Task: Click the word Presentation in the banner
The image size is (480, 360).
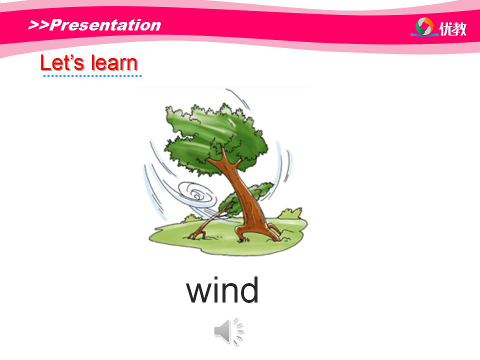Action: pyautogui.click(x=105, y=25)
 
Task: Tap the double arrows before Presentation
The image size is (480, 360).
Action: pyautogui.click(x=38, y=25)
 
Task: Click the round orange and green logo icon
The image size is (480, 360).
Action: pyautogui.click(x=424, y=27)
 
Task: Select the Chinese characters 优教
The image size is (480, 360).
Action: pyautogui.click(x=453, y=29)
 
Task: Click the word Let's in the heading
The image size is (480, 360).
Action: pyautogui.click(x=62, y=63)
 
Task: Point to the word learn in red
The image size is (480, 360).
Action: pyautogui.click(x=114, y=63)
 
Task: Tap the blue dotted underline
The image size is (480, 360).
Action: pyautogui.click(x=92, y=76)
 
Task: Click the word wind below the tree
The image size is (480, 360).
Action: pyautogui.click(x=222, y=289)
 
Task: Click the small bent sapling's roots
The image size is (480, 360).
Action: pyautogui.click(x=198, y=234)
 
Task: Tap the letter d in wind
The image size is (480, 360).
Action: pyautogui.click(x=249, y=289)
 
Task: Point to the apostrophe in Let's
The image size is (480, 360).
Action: pyautogui.click(x=70, y=57)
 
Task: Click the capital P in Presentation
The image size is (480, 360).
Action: pyautogui.click(x=56, y=25)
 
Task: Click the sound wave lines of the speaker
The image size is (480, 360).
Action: pyautogui.click(x=238, y=331)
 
